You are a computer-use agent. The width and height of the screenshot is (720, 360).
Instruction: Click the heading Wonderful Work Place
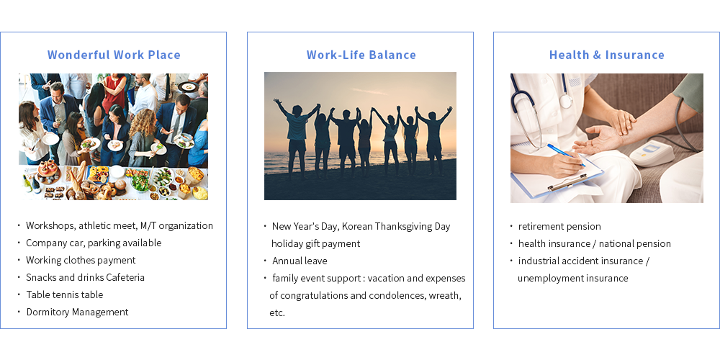tap(114, 55)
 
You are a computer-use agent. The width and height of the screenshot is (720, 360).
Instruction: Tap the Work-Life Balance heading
tap(361, 55)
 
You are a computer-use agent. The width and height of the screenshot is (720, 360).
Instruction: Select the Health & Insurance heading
tap(606, 55)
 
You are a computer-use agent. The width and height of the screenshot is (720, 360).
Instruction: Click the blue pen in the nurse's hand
tap(566, 155)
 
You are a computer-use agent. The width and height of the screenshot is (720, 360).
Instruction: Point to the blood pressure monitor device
tap(652, 153)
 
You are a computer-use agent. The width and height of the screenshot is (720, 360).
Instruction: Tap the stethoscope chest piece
tap(565, 102)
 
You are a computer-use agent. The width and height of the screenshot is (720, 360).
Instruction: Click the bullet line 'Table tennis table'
tap(65, 294)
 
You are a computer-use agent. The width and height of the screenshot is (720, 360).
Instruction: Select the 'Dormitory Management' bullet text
tap(77, 312)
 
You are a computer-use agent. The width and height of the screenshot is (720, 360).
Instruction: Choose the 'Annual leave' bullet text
tap(300, 261)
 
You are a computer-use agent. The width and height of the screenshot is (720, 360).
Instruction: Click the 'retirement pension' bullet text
tap(559, 226)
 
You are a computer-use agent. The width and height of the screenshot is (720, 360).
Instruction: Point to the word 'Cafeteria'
tap(125, 277)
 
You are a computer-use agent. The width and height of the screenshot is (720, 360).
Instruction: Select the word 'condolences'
tap(397, 296)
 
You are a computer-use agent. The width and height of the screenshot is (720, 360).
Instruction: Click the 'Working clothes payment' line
tap(81, 261)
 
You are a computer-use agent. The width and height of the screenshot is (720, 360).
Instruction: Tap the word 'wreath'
tap(445, 296)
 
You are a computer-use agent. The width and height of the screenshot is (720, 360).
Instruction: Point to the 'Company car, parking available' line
tap(94, 243)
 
